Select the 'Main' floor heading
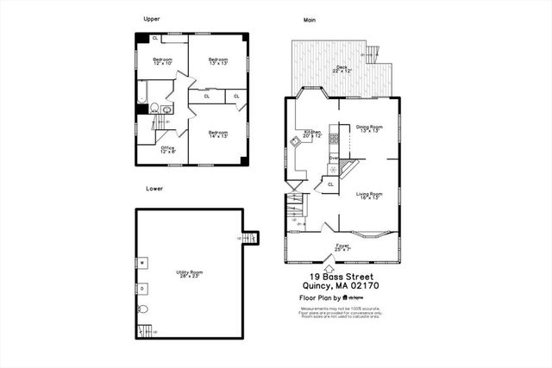[309, 18]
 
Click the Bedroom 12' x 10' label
[162, 61]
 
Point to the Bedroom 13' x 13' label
[217, 61]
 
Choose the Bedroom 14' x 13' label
[216, 134]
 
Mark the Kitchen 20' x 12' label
[311, 134]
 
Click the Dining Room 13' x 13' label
[368, 129]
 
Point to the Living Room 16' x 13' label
[369, 196]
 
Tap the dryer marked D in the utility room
[142, 286]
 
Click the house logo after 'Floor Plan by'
[345, 297]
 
